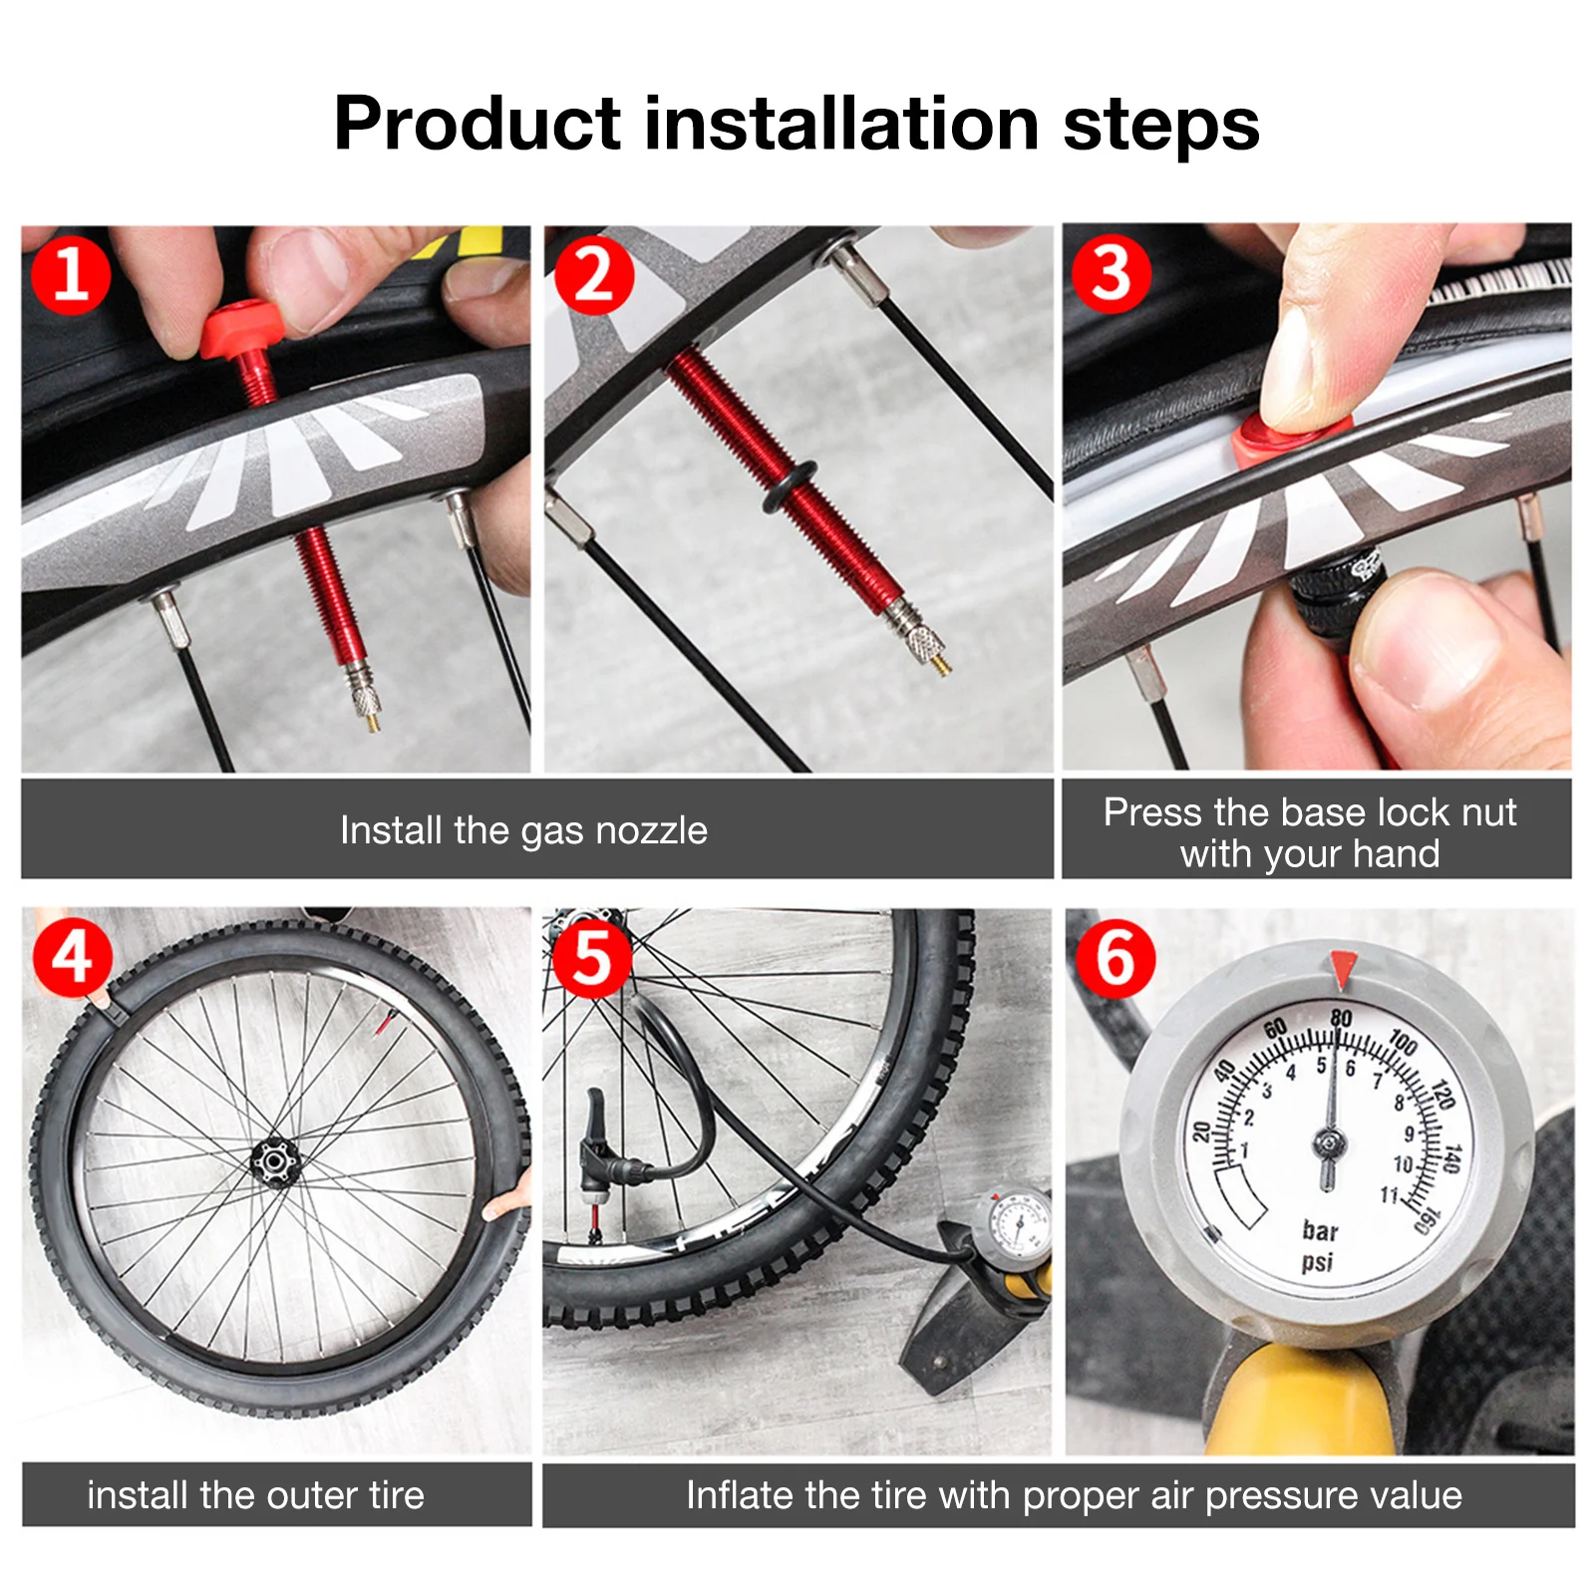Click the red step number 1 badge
click(71, 274)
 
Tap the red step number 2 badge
click(594, 274)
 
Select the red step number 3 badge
click(1112, 273)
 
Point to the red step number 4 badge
click(73, 957)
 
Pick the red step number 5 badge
click(592, 957)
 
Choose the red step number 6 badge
click(1116, 959)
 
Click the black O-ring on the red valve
click(790, 485)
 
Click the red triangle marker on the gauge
click(1343, 968)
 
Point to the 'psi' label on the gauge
click(1317, 1263)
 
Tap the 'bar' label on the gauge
click(1320, 1231)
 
